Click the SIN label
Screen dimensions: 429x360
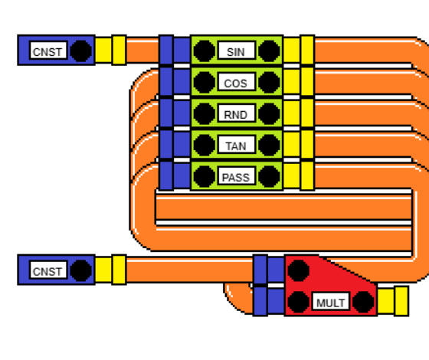tap(236, 52)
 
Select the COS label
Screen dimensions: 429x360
tap(236, 83)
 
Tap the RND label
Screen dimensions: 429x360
tap(236, 115)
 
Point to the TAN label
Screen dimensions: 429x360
tap(236, 146)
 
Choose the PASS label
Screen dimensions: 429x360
tap(236, 178)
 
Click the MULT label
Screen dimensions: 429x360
tap(330, 303)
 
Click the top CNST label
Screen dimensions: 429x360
tap(47, 52)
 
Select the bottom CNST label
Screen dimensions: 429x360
tap(47, 272)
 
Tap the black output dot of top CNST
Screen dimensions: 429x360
tap(81, 51)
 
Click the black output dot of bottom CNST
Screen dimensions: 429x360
tap(81, 270)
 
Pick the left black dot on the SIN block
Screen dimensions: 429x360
tap(204, 51)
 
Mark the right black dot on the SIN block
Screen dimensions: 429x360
tap(269, 51)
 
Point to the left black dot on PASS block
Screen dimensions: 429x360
tap(204, 176)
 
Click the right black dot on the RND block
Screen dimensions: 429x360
tap(269, 114)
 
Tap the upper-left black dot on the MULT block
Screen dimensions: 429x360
tap(299, 270)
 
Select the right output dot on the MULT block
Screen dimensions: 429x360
tap(363, 302)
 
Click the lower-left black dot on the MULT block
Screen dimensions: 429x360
tap(299, 302)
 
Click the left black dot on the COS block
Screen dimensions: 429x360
tap(204, 83)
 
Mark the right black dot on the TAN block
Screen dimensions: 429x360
tap(269, 145)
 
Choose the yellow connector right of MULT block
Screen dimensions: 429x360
tap(393, 301)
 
